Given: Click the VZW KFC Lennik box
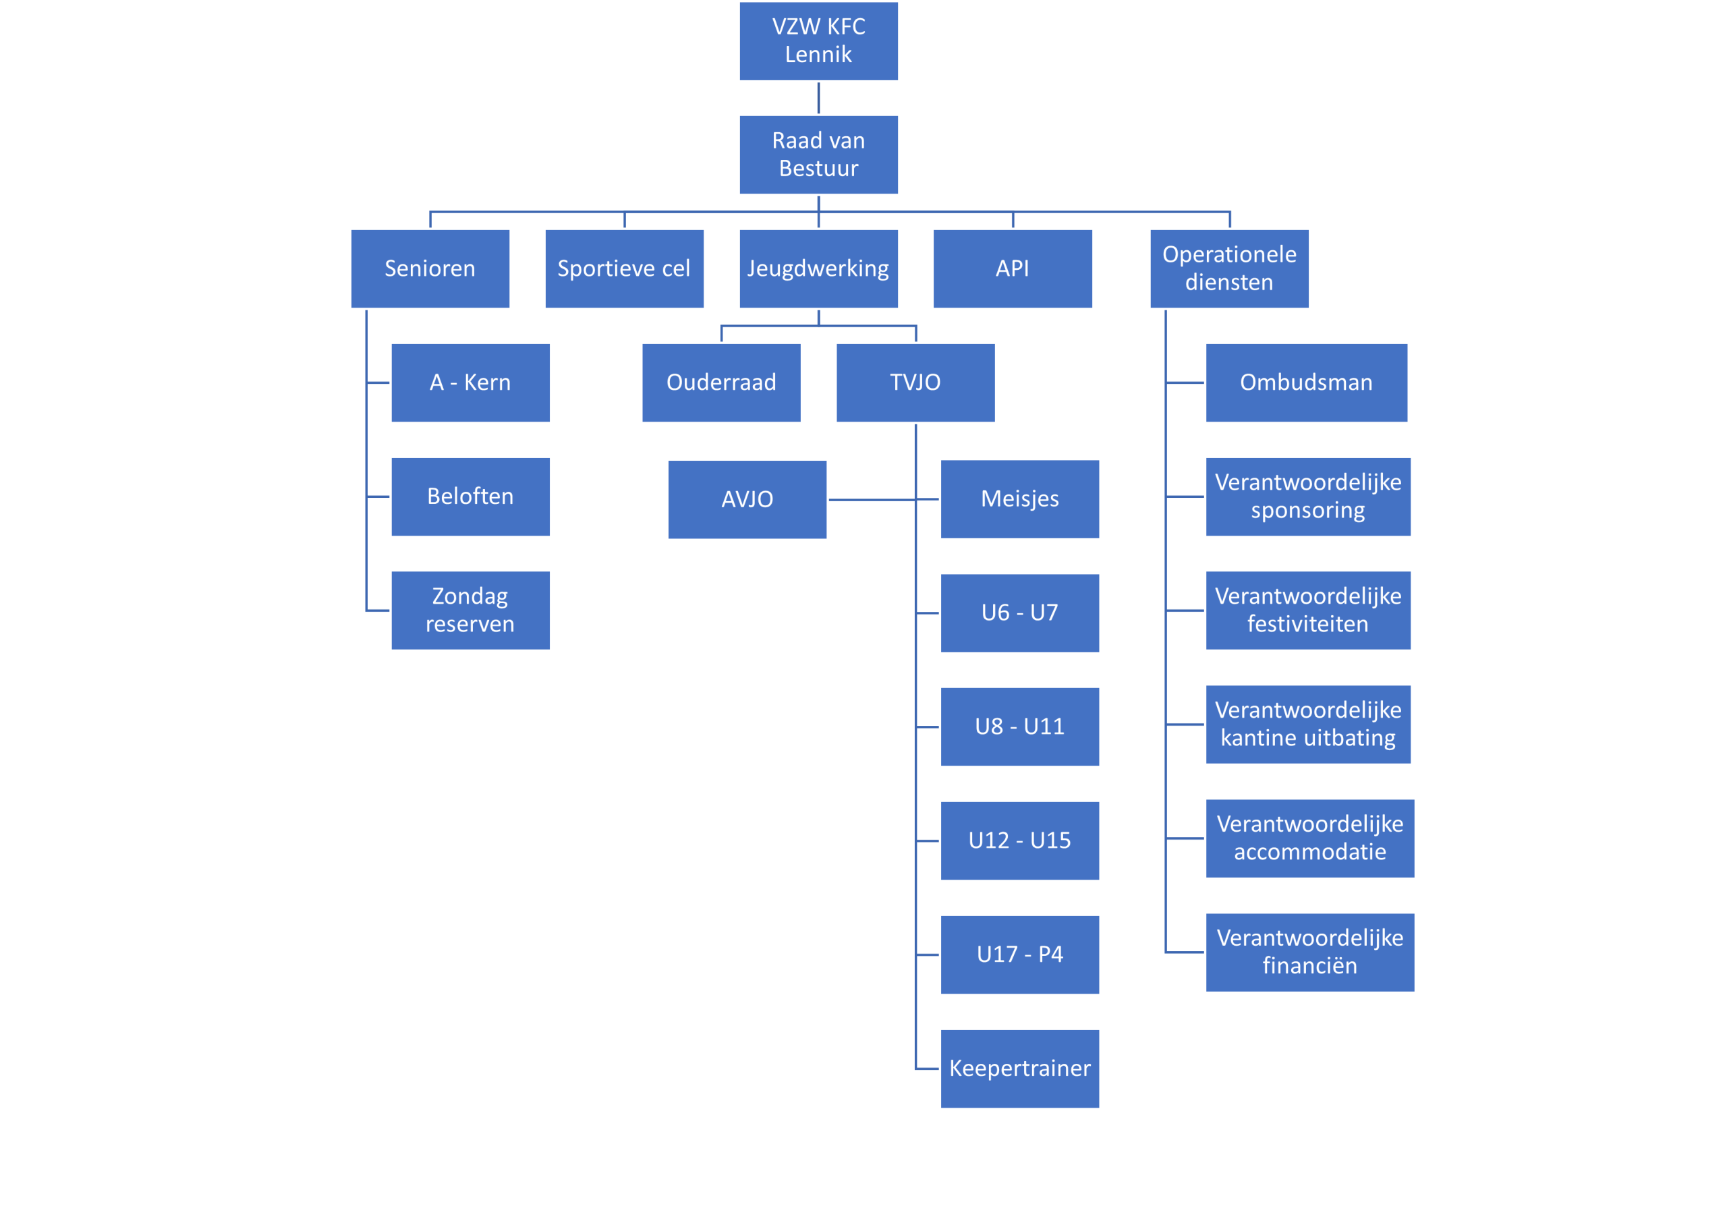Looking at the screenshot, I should [x=818, y=41].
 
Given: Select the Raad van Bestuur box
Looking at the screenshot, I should [x=818, y=155].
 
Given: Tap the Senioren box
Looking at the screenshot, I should [x=430, y=268].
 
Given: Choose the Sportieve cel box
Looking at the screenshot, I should [x=624, y=268].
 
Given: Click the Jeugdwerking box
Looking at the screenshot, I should [x=818, y=268].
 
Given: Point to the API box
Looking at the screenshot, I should [x=1013, y=268].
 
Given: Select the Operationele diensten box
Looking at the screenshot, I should [x=1229, y=268].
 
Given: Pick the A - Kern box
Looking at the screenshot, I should [x=470, y=383].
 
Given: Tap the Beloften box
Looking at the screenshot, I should [x=470, y=496].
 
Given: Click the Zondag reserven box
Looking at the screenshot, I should [x=470, y=610].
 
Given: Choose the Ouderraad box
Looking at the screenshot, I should [x=721, y=383].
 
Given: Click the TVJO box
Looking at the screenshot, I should [x=915, y=383].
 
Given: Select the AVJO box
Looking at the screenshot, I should [x=747, y=500].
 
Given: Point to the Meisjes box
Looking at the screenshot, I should [x=1019, y=500].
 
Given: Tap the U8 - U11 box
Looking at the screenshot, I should [x=1019, y=727].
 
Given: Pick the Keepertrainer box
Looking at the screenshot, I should [x=1019, y=1069].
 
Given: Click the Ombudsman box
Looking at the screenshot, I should [x=1306, y=383].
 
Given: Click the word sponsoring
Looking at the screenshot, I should [x=1307, y=511].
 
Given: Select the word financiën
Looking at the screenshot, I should [x=1309, y=966].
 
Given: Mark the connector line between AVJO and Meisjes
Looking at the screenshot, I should [x=872, y=500].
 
